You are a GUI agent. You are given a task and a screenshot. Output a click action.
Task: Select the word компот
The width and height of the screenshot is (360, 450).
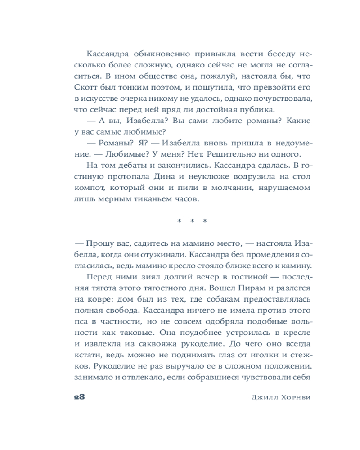click(x=88, y=186)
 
